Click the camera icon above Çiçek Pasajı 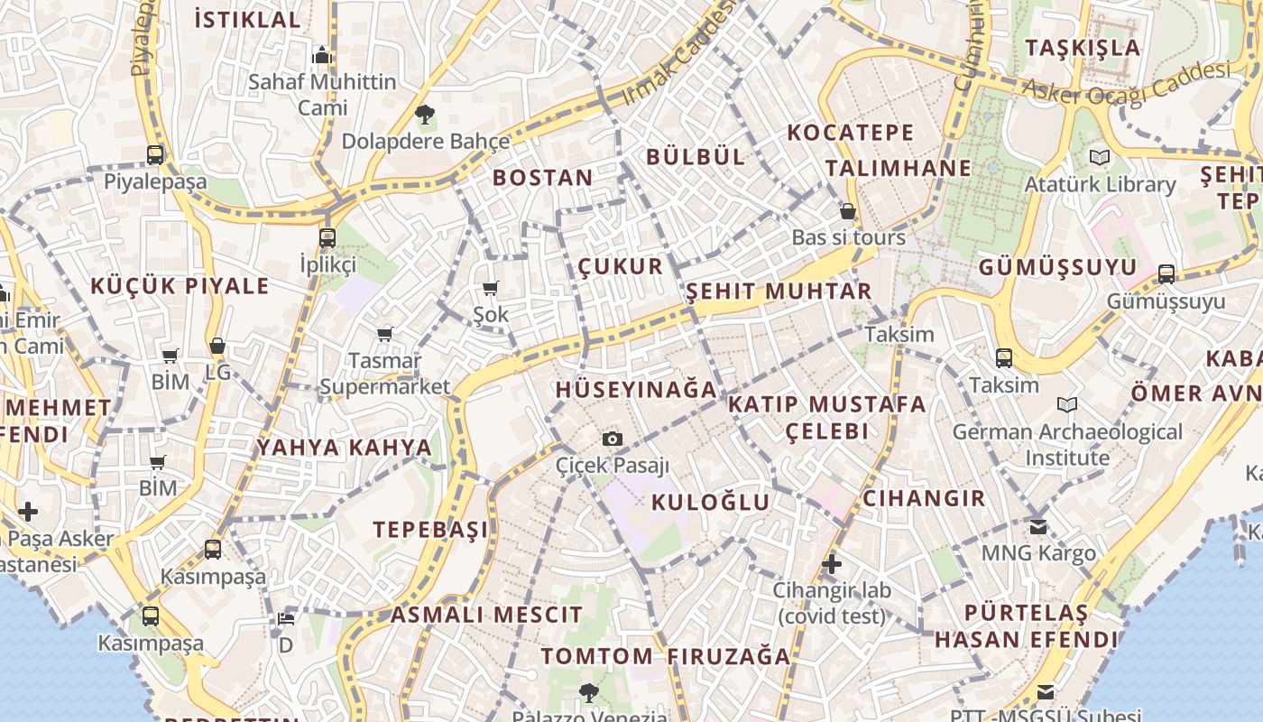tap(613, 440)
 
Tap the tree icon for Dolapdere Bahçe tap(425, 115)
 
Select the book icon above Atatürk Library tap(1100, 158)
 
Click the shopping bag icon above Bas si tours tap(848, 212)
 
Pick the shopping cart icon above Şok tap(490, 289)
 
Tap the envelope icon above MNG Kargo tap(1038, 526)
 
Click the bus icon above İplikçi tap(327, 238)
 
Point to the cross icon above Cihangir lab tap(832, 565)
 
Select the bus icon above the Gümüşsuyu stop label tap(1166, 273)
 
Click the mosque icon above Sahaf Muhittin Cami tap(322, 56)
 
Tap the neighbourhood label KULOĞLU tap(711, 503)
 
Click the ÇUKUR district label tap(621, 266)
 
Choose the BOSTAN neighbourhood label tap(543, 178)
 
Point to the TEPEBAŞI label tap(431, 530)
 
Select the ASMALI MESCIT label tap(487, 616)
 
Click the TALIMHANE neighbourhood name tap(899, 168)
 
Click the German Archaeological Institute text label tap(1067, 445)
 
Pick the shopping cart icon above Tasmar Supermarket tap(385, 335)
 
